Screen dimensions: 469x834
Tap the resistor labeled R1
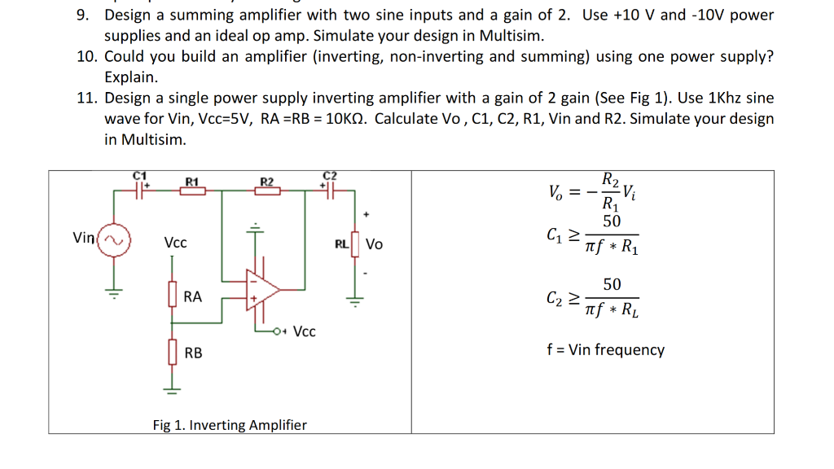[192, 191]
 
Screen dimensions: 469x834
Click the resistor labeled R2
[266, 191]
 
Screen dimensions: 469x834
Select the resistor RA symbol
[172, 295]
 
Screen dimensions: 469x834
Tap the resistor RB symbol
[172, 353]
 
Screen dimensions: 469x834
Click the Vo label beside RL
[375, 243]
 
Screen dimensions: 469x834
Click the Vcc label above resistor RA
[175, 243]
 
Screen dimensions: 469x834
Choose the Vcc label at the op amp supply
[305, 331]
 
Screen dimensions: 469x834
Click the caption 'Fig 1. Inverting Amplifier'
[230, 425]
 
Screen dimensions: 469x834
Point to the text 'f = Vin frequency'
[605, 350]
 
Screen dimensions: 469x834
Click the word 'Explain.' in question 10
[130, 77]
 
